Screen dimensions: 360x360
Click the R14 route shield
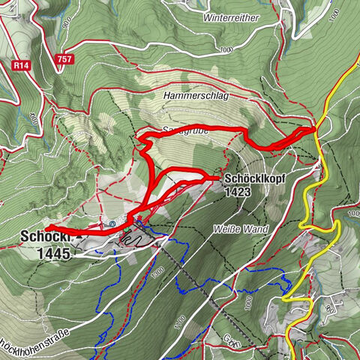point(22,67)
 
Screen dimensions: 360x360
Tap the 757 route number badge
point(64,58)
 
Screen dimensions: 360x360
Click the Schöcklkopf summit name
point(252,178)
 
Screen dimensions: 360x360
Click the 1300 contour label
point(154,271)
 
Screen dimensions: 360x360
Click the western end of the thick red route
point(46,227)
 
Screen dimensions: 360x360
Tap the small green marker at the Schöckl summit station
point(137,219)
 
